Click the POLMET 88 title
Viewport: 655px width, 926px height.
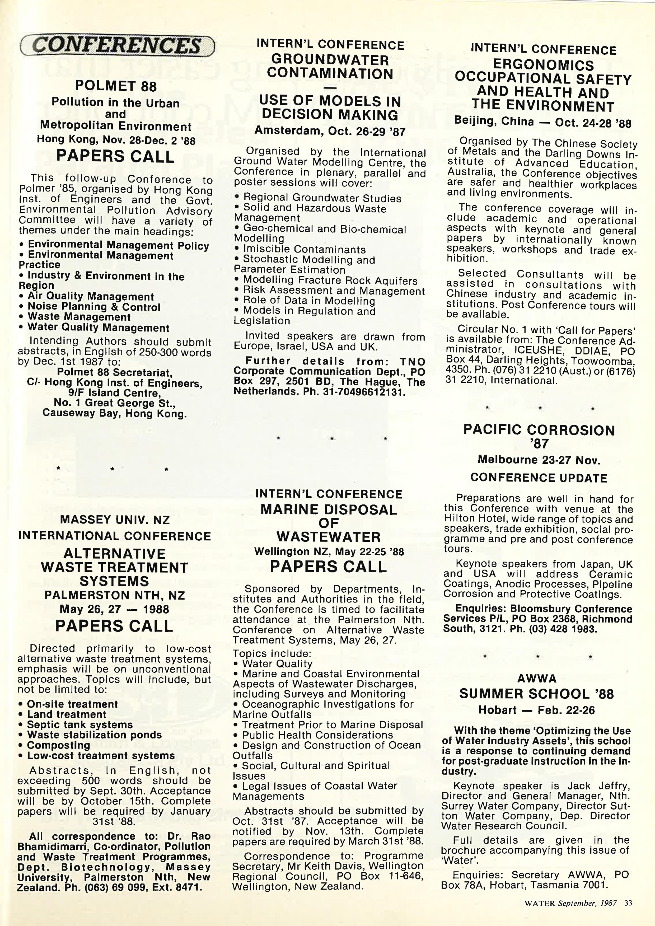point(116,86)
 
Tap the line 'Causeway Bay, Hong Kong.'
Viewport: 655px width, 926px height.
point(115,413)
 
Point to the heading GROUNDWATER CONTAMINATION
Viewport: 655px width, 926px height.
point(330,67)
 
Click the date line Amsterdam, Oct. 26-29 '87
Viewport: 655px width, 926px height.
point(330,131)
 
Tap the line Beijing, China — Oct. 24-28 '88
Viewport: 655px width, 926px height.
point(542,122)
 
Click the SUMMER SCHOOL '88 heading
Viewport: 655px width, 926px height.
point(536,694)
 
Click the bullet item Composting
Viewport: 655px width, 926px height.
point(58,745)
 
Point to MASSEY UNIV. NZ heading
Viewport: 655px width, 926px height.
point(115,520)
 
